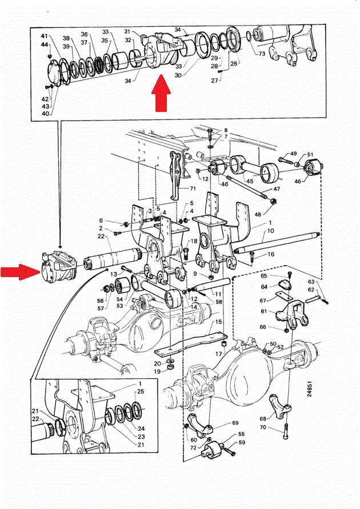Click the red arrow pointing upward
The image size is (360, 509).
coord(161,93)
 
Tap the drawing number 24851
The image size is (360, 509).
coord(309,388)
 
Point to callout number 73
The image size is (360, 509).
coord(262,54)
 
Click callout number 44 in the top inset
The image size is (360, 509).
coord(45,44)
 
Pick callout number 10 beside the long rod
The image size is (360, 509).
coord(271,231)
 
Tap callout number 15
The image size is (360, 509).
coord(218,322)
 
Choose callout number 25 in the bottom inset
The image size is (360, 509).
coord(140,391)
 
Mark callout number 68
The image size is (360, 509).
coord(263,419)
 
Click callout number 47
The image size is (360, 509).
coord(277,189)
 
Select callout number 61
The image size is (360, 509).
coord(263,311)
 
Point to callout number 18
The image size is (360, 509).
coord(194,241)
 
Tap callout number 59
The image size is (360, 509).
coord(242,442)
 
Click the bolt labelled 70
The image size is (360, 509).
coord(286,431)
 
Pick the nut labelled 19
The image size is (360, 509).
coord(170,367)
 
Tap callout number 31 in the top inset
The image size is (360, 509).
coord(127,31)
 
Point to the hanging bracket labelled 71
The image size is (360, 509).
coord(175,175)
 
